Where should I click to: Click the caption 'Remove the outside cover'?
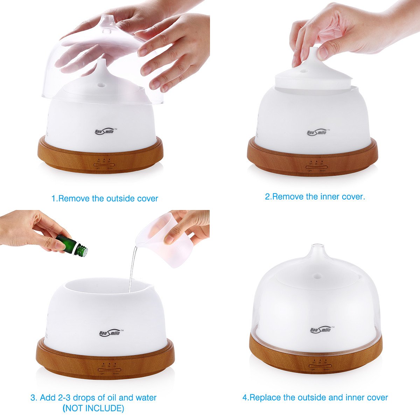(x=105, y=198)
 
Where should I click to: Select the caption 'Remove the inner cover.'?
(x=315, y=196)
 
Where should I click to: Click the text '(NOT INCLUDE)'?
(x=93, y=408)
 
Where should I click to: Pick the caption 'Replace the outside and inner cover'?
(x=315, y=398)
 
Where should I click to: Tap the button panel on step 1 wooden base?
(x=104, y=163)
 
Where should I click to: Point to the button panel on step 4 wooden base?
(x=321, y=363)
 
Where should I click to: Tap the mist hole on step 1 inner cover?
(x=101, y=84)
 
